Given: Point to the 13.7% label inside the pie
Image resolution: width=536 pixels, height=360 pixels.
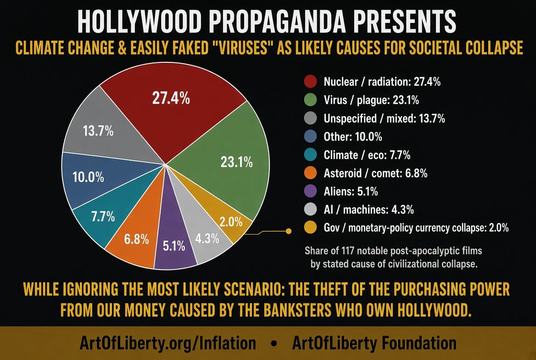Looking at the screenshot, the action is click(98, 131).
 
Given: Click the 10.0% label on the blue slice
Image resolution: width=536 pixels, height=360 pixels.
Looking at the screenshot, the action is click(88, 177).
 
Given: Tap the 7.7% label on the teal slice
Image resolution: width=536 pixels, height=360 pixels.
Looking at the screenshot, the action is click(103, 216).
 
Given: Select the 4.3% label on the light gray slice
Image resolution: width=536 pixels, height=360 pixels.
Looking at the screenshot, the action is click(207, 238).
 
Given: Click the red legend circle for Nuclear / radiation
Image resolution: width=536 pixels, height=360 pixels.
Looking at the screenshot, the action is click(310, 81).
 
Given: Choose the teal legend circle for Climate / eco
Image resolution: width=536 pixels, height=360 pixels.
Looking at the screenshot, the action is click(310, 155).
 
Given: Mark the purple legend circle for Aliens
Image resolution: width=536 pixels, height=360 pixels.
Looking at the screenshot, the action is click(310, 191).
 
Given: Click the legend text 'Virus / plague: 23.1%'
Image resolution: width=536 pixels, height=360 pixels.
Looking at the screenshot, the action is click(371, 100).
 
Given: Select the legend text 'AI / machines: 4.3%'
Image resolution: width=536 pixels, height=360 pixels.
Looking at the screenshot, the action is click(368, 209).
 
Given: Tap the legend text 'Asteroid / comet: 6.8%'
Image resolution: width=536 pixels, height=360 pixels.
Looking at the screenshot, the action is click(375, 173).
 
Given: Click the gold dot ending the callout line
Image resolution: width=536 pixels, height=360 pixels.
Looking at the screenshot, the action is click(289, 231).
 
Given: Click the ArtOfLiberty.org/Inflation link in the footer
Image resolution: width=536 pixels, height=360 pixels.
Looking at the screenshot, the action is click(167, 343).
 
